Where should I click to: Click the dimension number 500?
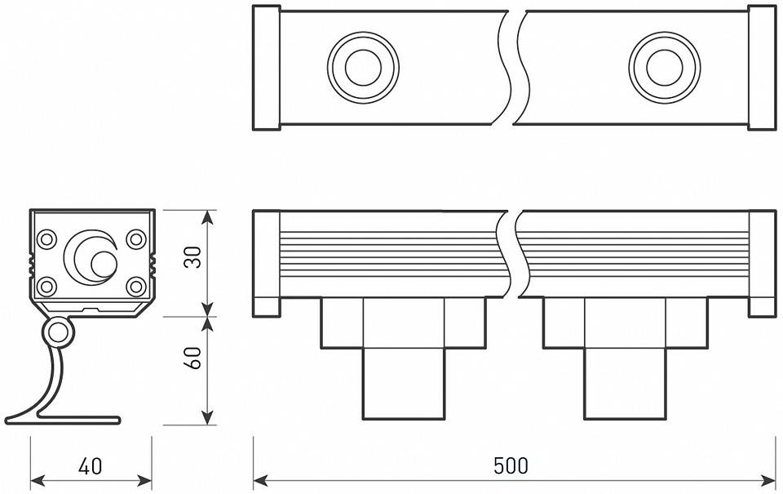coord(511,466)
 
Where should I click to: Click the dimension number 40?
coord(91,466)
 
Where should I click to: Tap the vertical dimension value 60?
coord(192,358)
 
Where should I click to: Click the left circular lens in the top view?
coord(363,68)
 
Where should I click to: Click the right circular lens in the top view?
coord(664,68)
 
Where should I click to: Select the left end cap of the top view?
coord(266,68)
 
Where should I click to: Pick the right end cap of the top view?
coord(762,68)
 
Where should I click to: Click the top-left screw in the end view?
coord(46,239)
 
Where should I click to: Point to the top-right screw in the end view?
coord(136,239)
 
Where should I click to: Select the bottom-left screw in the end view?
coord(46,286)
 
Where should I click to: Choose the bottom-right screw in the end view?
coord(136,286)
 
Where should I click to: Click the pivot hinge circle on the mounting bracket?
coord(57,332)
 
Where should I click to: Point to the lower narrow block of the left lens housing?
coord(404,384)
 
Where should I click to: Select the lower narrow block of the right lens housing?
coord(625,384)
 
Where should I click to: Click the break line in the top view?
coord(509,68)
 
